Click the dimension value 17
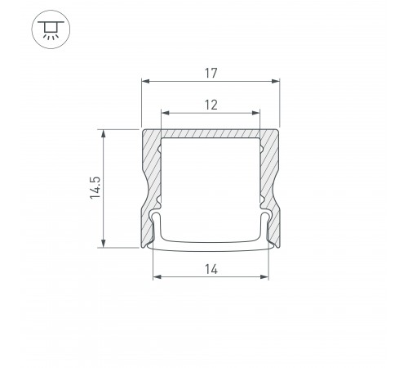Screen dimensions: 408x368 tap(211, 73)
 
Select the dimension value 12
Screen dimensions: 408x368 tap(211, 105)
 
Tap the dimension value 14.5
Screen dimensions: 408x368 tap(95, 188)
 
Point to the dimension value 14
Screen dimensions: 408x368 tap(211, 269)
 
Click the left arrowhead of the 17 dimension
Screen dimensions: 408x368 tap(145, 81)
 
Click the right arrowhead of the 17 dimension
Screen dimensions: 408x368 tap(276, 81)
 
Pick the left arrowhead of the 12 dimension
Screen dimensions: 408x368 tap(165, 113)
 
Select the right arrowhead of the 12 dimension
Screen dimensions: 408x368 tap(256, 113)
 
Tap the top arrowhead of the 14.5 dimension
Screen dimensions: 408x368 tap(104, 134)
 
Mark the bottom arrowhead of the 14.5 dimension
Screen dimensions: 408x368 tap(104, 244)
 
